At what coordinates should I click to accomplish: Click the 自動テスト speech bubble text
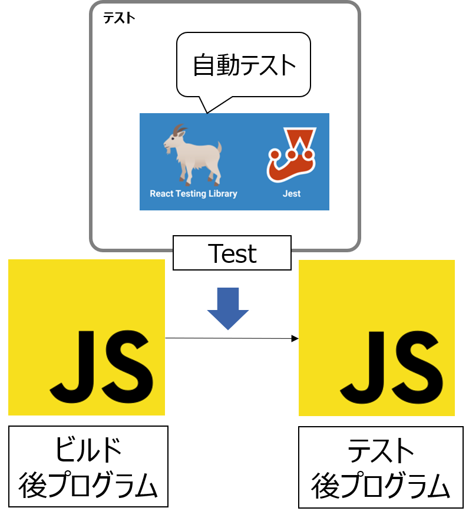coord(244,65)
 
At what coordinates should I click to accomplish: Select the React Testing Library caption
coord(193,193)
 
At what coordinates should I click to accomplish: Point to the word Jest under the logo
coord(291,193)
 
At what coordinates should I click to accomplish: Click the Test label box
coord(232,253)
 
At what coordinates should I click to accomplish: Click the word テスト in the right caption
coord(381,451)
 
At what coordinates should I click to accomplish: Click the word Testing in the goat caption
coord(194,193)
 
